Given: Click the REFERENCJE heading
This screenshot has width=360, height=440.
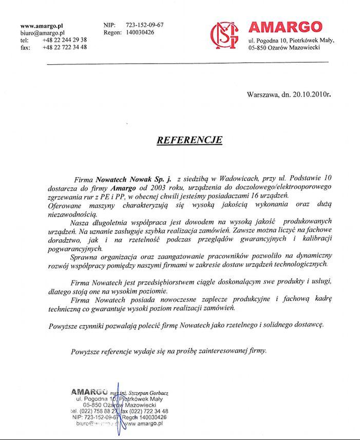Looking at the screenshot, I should pos(189,140).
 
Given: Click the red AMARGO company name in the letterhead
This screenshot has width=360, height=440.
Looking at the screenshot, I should pos(285,27).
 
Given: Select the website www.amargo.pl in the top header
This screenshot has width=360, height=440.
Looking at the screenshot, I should pos(42,25).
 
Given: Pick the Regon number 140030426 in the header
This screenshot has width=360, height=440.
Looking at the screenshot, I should pos(140,32).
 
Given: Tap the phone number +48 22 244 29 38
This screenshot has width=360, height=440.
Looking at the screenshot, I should pos(65,40).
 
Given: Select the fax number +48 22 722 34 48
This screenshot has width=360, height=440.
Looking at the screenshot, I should pos(65,47).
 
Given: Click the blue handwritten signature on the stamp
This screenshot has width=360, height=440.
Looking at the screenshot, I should pos(118,408).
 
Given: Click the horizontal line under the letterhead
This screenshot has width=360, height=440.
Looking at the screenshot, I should pos(187,63).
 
